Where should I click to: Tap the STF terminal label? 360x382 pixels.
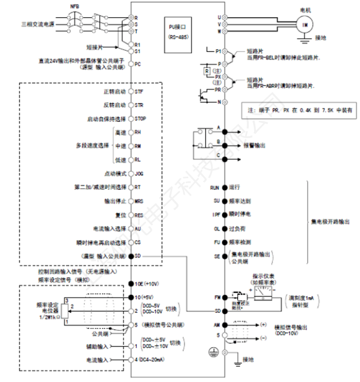139,90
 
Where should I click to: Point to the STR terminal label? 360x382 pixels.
139,105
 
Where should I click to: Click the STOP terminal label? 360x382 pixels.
141,118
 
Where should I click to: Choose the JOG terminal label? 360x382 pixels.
140,173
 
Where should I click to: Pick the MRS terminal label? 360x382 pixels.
140,201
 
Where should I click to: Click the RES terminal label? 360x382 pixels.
140,215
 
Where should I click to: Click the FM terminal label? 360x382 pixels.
217,297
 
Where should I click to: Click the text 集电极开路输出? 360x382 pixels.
330,222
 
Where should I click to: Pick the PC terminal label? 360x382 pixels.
138,64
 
